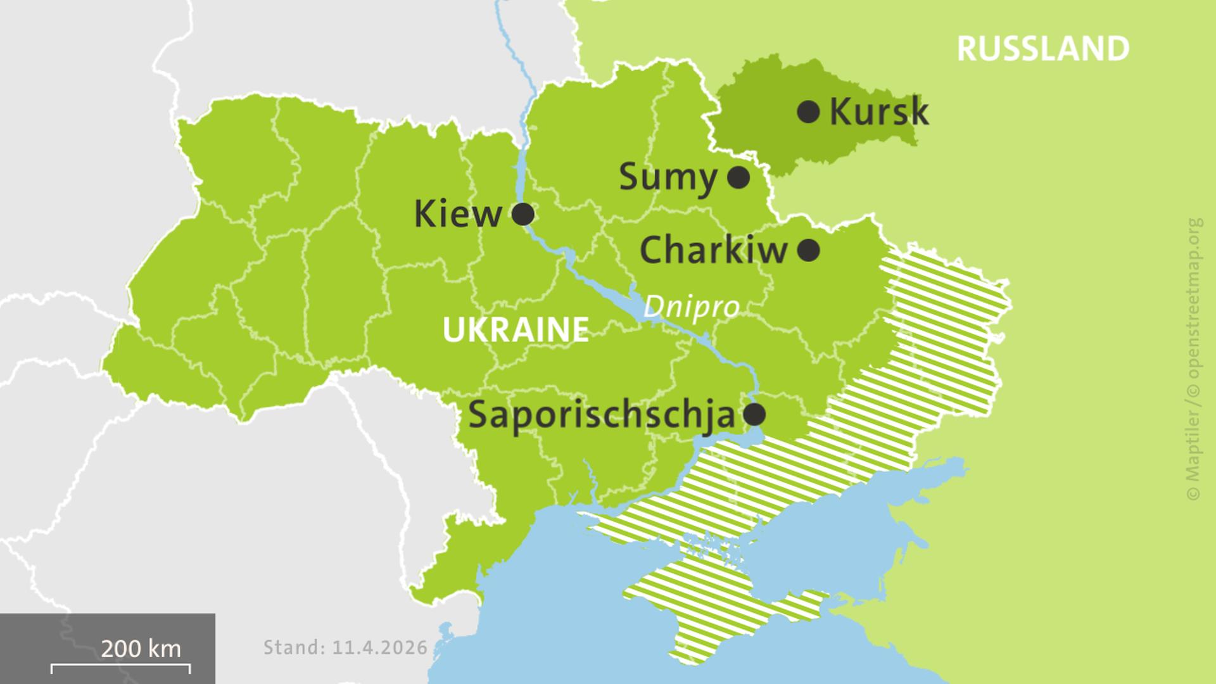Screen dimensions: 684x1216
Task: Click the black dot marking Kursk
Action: point(808,112)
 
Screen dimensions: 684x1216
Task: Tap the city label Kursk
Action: point(878,112)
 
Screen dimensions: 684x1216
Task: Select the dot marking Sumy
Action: point(738,177)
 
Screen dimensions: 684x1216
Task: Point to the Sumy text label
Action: point(668,177)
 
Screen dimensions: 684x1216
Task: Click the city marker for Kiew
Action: point(522,214)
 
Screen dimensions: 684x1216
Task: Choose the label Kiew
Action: point(457,214)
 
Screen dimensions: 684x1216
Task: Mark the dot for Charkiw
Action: point(808,250)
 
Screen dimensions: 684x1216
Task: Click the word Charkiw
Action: point(713,250)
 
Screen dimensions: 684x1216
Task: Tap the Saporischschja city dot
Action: point(754,415)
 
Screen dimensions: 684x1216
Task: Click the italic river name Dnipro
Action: point(691,308)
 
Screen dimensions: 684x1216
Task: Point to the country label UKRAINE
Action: point(516,330)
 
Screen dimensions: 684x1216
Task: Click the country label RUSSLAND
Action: point(1042,49)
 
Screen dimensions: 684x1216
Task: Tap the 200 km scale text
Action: point(141,649)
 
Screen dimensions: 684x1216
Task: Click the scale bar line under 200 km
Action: point(120,666)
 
